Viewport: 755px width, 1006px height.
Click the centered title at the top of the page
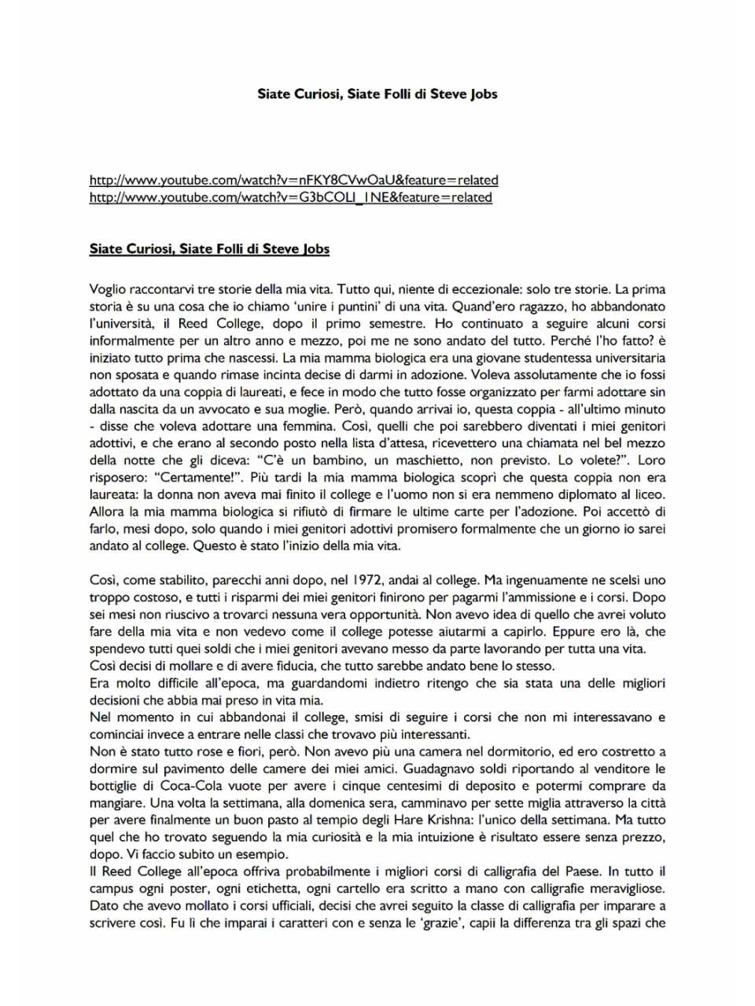(x=377, y=94)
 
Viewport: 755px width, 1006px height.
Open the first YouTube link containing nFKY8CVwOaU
(x=293, y=180)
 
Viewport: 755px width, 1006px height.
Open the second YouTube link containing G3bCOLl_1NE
(x=290, y=197)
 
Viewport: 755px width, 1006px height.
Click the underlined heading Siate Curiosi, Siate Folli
(x=209, y=249)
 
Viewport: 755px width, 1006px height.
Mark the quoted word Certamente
(x=187, y=478)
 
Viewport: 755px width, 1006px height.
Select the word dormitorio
(x=514, y=752)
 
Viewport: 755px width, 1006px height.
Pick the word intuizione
(x=436, y=837)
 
